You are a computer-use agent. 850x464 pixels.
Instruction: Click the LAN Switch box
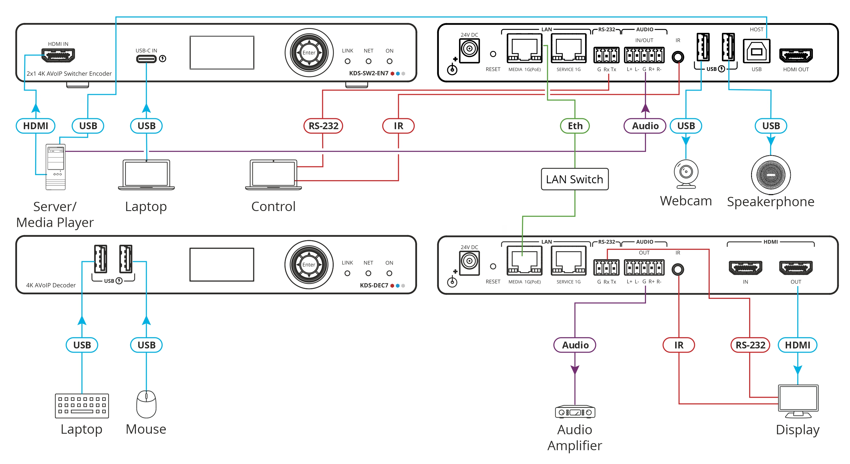[575, 179]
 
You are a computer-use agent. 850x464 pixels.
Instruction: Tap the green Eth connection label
[575, 126]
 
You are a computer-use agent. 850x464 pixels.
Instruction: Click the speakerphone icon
[770, 175]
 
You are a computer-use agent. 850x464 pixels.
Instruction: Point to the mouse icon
[146, 404]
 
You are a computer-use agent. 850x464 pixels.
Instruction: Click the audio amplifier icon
[575, 412]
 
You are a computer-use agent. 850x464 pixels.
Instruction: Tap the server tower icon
[56, 167]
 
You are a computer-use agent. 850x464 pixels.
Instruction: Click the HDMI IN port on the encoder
[58, 55]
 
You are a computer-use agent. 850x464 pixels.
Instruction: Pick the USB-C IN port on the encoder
[146, 59]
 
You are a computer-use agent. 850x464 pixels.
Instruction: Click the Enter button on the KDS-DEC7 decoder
[309, 265]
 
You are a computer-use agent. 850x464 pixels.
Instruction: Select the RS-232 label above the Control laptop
[323, 126]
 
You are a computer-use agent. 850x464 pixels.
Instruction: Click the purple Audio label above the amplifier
[575, 345]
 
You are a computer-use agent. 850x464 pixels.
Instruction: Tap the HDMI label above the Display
[798, 345]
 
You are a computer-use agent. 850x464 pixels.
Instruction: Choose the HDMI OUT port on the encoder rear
[796, 55]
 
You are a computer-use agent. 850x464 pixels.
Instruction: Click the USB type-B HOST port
[756, 51]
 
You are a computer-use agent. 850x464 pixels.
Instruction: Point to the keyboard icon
[82, 406]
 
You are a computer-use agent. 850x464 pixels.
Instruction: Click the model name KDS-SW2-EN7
[369, 73]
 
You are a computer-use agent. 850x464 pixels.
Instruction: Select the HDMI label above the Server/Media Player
[36, 126]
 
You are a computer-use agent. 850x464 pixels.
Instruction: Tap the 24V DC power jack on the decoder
[469, 263]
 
